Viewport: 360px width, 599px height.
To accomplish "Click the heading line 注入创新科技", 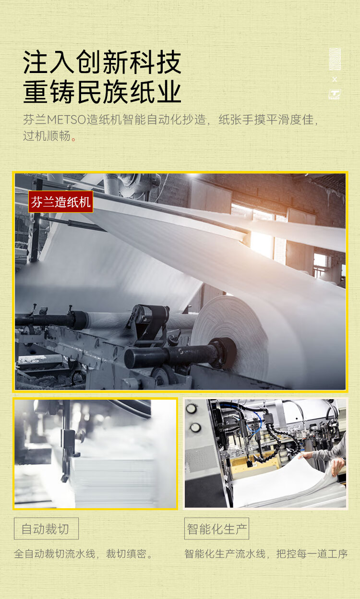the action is (x=102, y=62).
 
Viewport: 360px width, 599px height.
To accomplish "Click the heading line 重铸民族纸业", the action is (x=102, y=91).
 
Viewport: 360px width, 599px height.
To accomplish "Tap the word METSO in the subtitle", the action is (x=67, y=120).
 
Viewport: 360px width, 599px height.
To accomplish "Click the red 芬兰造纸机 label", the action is (x=60, y=202).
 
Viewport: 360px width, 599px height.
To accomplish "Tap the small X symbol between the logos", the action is (x=335, y=79).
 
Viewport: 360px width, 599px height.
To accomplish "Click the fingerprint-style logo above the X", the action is (x=335, y=59).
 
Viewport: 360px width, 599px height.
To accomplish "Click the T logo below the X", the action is (x=335, y=95).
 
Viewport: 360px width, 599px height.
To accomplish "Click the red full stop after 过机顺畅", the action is (x=73, y=139).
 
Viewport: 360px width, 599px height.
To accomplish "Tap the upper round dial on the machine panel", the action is (x=192, y=409).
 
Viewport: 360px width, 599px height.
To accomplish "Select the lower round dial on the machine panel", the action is (x=195, y=428).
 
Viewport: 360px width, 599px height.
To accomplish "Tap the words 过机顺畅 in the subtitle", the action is (x=47, y=136).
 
